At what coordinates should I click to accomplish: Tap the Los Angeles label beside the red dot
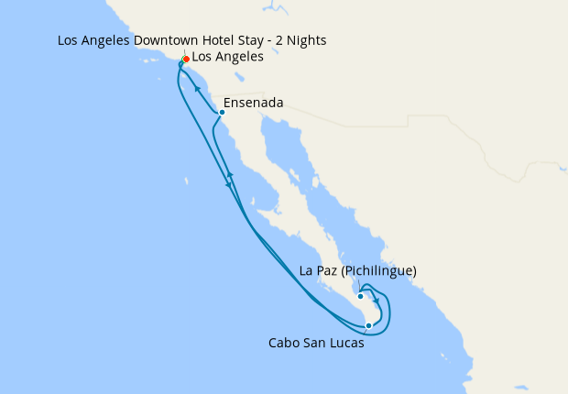[x=228, y=57]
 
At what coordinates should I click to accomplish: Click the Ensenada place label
[x=253, y=103]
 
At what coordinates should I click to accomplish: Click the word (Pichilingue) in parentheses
[x=377, y=271]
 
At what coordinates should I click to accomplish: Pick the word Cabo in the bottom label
[x=283, y=344]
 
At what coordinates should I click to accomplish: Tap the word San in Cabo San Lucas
[x=316, y=344]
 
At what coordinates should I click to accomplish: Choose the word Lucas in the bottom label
[x=347, y=344]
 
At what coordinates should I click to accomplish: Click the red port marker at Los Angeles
[x=186, y=59]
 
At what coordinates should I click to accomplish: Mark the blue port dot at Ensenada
[x=222, y=113]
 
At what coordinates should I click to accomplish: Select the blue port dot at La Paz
[x=361, y=296]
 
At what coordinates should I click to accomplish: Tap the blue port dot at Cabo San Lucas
[x=368, y=325]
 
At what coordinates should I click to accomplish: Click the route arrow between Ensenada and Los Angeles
[x=196, y=88]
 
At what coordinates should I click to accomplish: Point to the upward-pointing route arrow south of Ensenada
[x=230, y=173]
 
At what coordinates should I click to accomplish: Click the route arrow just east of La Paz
[x=377, y=301]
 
